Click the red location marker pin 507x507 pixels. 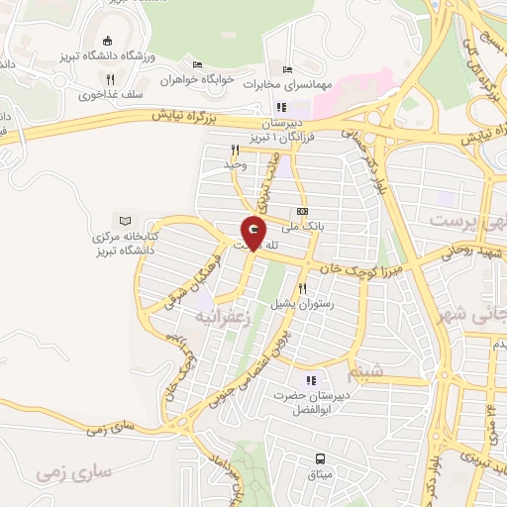[253, 235]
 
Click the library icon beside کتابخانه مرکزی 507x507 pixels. [125, 220]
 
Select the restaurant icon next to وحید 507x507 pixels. [235, 151]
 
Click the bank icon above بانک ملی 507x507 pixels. [302, 211]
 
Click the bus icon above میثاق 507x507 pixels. [320, 458]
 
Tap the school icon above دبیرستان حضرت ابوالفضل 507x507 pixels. [311, 380]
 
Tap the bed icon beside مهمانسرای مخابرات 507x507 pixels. [287, 70]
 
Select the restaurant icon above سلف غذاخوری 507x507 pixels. [111, 79]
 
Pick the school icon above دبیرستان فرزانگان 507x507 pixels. [281, 107]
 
